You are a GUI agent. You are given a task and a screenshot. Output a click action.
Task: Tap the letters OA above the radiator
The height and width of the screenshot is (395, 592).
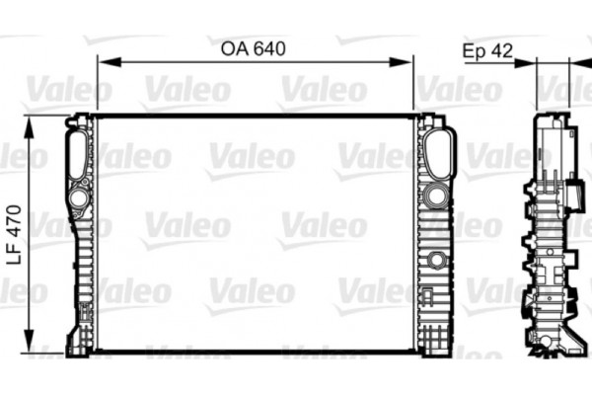click(231, 48)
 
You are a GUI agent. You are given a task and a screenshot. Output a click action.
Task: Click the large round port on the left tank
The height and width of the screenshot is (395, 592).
click(78, 198)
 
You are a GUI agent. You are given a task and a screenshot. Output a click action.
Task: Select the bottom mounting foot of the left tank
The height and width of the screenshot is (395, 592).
click(76, 348)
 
